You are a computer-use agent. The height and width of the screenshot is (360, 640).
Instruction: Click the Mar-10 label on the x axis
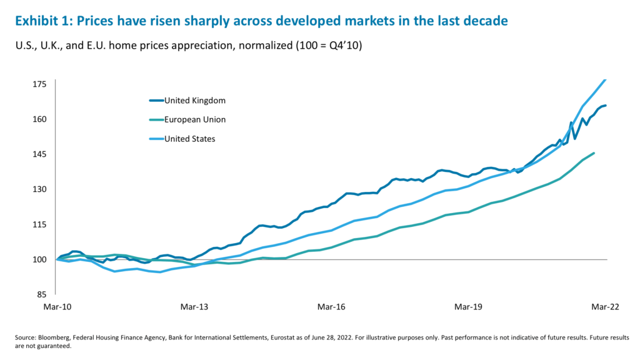[x=56, y=307]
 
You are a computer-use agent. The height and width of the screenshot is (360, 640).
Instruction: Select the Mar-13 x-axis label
[x=193, y=307]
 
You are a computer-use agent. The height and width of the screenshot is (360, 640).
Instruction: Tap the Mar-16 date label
[x=331, y=307]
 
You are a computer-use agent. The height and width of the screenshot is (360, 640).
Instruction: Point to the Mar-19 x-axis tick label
[x=469, y=307]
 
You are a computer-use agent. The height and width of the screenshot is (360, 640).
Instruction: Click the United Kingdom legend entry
[x=194, y=100]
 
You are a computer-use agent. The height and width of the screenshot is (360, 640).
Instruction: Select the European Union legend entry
[x=194, y=119]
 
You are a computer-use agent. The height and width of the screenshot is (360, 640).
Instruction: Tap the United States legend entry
[x=189, y=139]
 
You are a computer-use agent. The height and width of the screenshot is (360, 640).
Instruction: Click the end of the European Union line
[x=594, y=152]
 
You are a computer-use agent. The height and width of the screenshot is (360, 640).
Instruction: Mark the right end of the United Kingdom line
[x=606, y=106]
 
